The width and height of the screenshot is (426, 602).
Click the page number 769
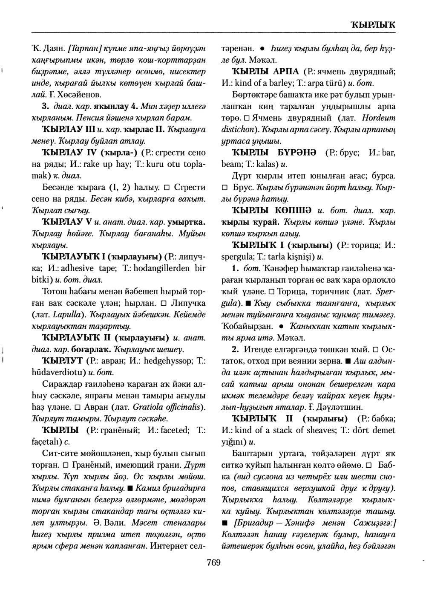pos(213,563)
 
